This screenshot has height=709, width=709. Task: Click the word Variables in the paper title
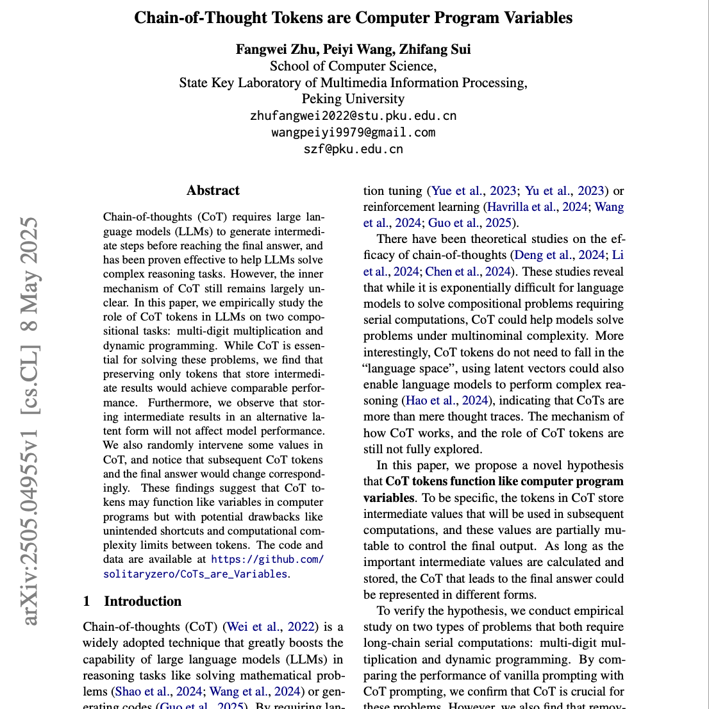(535, 18)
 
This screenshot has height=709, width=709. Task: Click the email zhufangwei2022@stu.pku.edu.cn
(353, 116)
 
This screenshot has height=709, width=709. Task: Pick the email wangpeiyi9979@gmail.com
(353, 133)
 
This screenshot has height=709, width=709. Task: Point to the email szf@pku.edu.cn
(353, 149)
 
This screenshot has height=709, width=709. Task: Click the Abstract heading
(213, 190)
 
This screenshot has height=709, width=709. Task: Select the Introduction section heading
(142, 601)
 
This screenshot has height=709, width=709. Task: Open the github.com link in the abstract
(267, 559)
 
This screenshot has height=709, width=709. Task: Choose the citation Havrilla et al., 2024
(538, 206)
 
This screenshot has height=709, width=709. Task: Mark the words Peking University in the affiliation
(353, 99)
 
